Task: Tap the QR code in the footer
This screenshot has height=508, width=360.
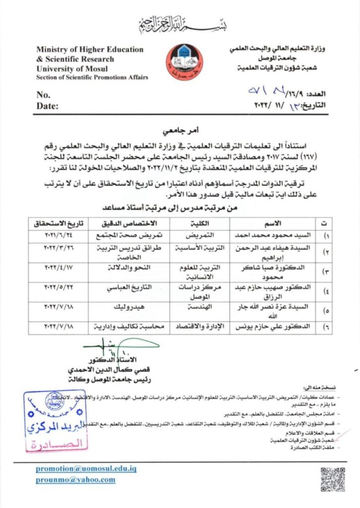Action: tap(332, 479)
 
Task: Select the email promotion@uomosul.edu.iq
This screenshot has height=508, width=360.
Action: tap(86, 468)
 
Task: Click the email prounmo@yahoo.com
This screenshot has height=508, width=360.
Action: tap(75, 480)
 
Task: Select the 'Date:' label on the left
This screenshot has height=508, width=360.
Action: tap(47, 105)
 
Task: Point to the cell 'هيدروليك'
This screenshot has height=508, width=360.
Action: tap(118, 309)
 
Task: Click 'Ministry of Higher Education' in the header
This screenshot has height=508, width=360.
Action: tap(90, 50)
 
